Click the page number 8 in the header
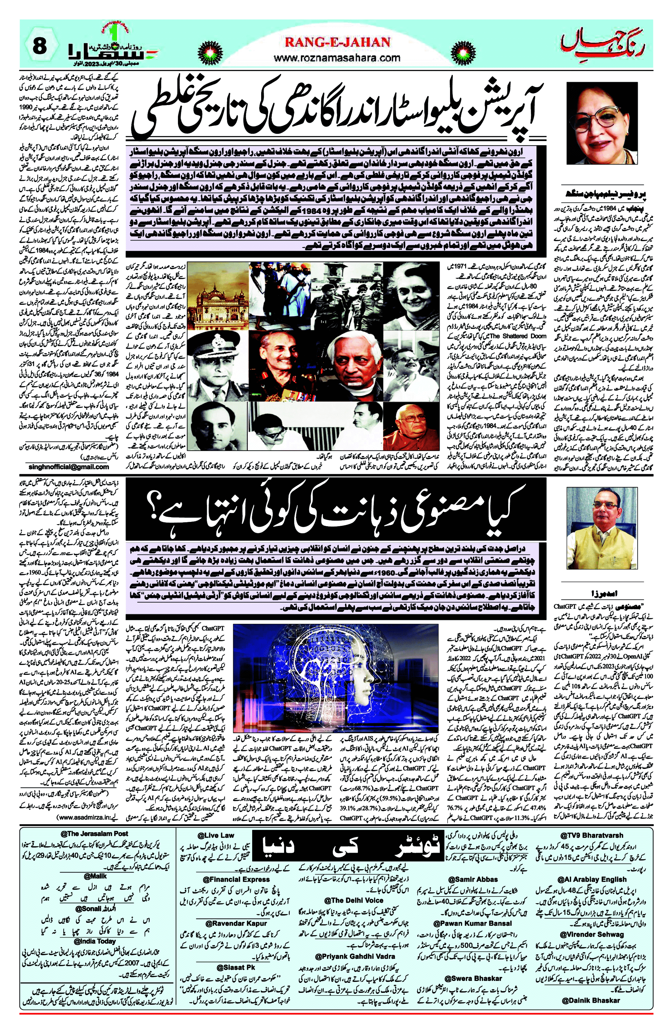[40, 46]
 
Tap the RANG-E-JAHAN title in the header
[337, 42]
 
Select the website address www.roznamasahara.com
[337, 58]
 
